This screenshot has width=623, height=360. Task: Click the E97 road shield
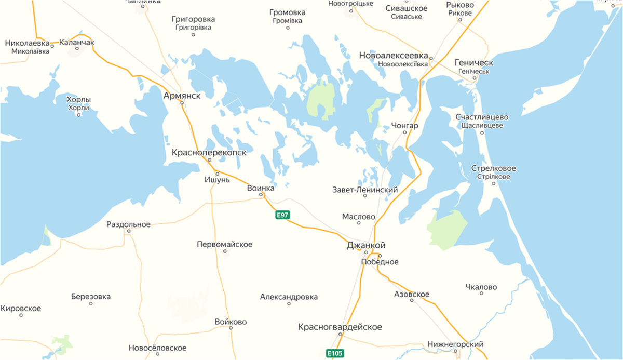[x=282, y=215]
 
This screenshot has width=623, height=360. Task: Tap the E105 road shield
[x=335, y=354]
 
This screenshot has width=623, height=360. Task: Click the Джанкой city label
[x=366, y=245]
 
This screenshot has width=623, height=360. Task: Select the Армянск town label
[x=182, y=96]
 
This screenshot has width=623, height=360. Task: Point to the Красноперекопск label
[x=209, y=152]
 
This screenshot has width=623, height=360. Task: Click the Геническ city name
[x=473, y=63]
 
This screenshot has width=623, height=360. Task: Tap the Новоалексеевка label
[x=394, y=56]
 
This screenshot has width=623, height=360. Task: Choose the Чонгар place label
[x=405, y=126]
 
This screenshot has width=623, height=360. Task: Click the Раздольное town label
[x=128, y=224]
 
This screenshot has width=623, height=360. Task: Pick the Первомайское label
[x=225, y=244]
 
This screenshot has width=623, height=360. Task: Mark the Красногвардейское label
[x=340, y=327]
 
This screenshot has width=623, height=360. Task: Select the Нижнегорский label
[x=455, y=344]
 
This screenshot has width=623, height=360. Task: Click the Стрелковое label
[x=493, y=169]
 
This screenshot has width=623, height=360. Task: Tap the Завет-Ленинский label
[x=365, y=190]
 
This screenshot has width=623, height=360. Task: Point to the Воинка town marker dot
[x=261, y=195]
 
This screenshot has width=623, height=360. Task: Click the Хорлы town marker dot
[x=79, y=115]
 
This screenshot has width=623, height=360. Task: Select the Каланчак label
[x=77, y=42]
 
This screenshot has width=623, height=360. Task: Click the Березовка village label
[x=91, y=297]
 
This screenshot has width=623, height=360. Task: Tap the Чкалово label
[x=481, y=287]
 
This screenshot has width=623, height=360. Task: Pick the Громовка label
[x=288, y=12]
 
